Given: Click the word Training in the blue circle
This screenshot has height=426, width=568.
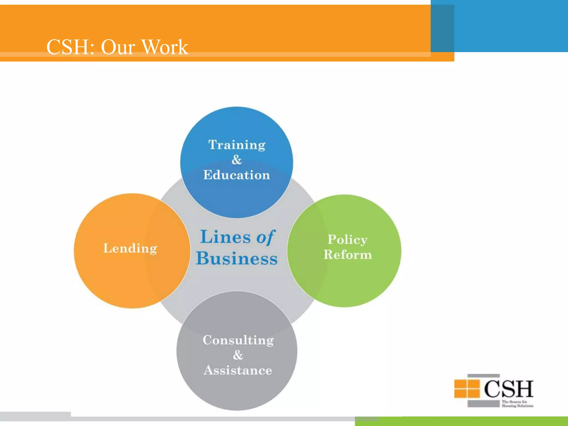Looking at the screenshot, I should pyautogui.click(x=237, y=145).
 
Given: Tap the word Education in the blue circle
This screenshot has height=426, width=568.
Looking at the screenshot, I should pyautogui.click(x=237, y=175).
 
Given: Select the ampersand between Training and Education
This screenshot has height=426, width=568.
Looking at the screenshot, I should pyautogui.click(x=237, y=160).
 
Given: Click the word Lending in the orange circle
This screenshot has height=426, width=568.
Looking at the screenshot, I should pyautogui.click(x=130, y=248).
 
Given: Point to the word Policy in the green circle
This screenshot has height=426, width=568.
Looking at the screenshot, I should pyautogui.click(x=348, y=240).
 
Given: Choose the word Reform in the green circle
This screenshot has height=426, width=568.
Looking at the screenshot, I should pyautogui.click(x=348, y=255).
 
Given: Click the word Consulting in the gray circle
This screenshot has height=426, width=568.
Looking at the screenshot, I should pyautogui.click(x=238, y=340).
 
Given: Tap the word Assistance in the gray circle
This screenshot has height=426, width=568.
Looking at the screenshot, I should pyautogui.click(x=238, y=370).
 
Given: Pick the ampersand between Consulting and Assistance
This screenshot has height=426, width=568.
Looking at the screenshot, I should pyautogui.click(x=238, y=355).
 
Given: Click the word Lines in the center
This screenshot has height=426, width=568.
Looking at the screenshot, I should pyautogui.click(x=225, y=237).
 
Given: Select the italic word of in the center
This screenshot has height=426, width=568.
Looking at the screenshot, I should pyautogui.click(x=265, y=238).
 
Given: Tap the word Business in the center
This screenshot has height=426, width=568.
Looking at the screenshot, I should pyautogui.click(x=237, y=258).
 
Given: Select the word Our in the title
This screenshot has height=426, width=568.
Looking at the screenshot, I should pyautogui.click(x=118, y=47).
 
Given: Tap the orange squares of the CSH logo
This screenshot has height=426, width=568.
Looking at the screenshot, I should pyautogui.click(x=467, y=389).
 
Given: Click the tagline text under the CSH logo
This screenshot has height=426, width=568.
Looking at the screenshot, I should pyautogui.click(x=517, y=404).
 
